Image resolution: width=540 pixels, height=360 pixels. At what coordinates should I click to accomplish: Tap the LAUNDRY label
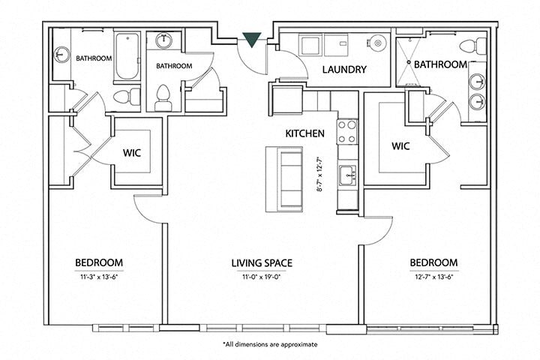click(x=343, y=70)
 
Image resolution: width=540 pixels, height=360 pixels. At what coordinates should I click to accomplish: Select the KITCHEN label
click(x=304, y=133)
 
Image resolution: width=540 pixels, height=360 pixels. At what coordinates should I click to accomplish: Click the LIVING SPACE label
click(x=261, y=262)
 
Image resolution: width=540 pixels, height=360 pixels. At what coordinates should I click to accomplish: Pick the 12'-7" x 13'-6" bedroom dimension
click(x=433, y=276)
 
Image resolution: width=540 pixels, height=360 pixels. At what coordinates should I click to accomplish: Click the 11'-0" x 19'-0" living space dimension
click(x=261, y=276)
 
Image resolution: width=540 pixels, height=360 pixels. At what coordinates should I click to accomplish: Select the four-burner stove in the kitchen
click(x=347, y=131)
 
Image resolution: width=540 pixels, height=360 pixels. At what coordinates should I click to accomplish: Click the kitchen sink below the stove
click(x=346, y=176)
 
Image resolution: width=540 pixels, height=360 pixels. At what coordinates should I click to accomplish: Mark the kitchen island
click(x=284, y=178)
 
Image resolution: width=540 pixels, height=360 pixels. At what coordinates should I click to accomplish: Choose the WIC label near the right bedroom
click(x=400, y=145)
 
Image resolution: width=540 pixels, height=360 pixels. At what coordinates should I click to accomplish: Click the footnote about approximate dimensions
click(x=270, y=344)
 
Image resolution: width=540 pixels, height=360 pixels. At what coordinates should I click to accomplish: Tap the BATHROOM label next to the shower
click(x=440, y=64)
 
